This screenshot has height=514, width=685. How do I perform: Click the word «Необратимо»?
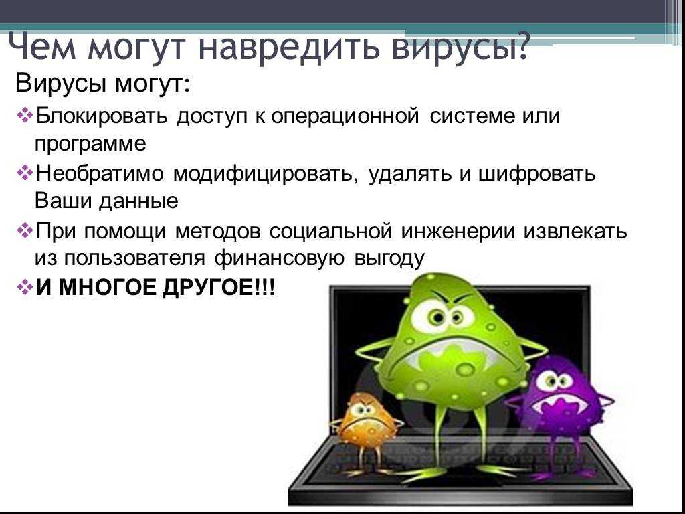coord(100,173)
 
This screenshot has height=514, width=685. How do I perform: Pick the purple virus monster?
coord(563,402)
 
